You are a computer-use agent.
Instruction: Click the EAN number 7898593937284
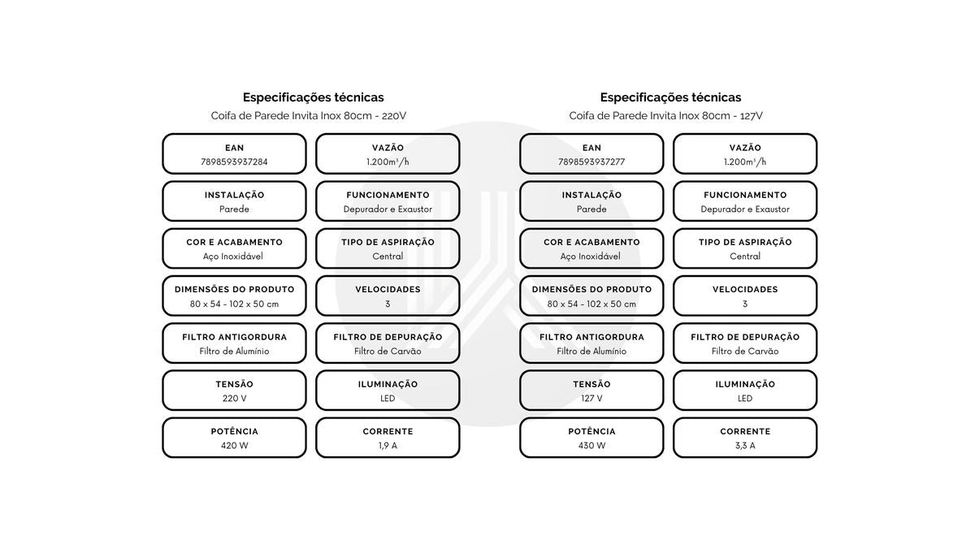(x=234, y=162)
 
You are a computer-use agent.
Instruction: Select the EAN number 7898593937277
(x=591, y=162)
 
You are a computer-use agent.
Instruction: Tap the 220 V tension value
(x=234, y=399)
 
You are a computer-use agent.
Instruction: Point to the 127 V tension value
(x=591, y=399)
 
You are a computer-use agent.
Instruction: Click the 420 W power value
(x=234, y=446)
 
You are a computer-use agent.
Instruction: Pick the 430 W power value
(x=591, y=446)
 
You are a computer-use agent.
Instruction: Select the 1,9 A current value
(x=388, y=446)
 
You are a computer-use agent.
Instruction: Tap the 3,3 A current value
(x=745, y=446)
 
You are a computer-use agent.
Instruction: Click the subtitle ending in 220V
(x=309, y=115)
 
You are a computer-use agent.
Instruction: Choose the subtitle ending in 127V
(x=666, y=115)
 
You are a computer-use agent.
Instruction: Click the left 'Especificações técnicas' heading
(x=314, y=97)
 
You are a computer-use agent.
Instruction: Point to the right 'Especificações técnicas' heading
(x=671, y=97)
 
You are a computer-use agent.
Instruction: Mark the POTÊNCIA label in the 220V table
(x=235, y=431)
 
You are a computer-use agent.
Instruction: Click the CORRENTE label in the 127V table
(x=745, y=431)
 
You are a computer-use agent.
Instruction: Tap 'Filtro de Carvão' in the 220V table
(x=388, y=351)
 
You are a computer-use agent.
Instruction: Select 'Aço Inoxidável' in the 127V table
(x=590, y=257)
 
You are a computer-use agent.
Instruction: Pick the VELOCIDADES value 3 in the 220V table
(x=388, y=304)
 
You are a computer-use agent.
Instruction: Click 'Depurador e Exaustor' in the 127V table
(x=745, y=209)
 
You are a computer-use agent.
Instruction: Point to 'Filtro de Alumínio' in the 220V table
(x=234, y=351)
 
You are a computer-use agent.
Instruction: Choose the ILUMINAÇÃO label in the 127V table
(x=745, y=384)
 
